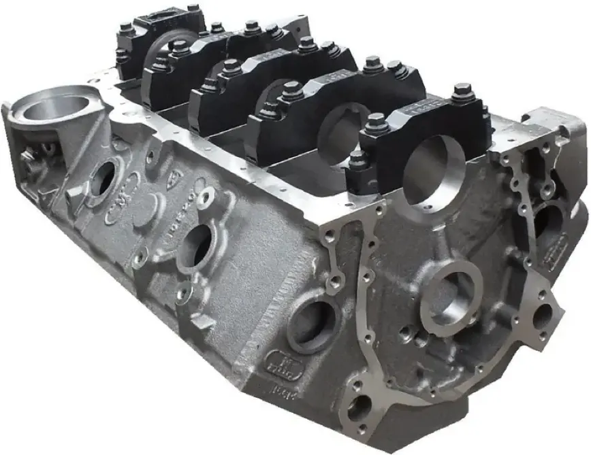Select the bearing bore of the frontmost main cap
[432, 171]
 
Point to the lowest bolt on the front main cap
[358, 161]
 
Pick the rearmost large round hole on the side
[103, 178]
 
